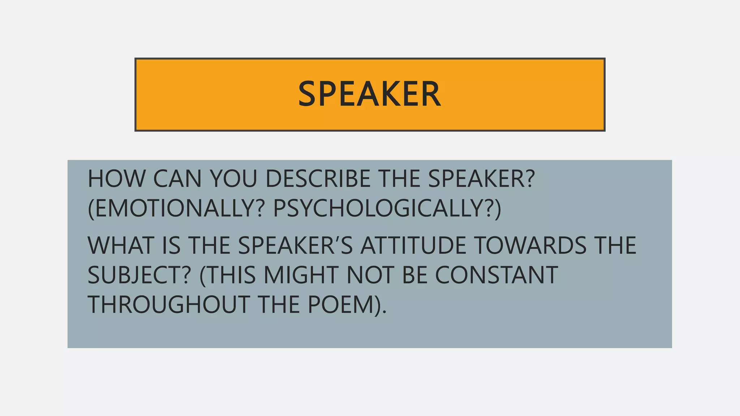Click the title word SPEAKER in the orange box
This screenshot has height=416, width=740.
point(369,94)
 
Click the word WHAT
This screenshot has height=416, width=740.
point(121,245)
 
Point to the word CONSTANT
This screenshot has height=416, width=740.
point(496,275)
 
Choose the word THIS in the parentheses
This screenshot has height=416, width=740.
point(230,275)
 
